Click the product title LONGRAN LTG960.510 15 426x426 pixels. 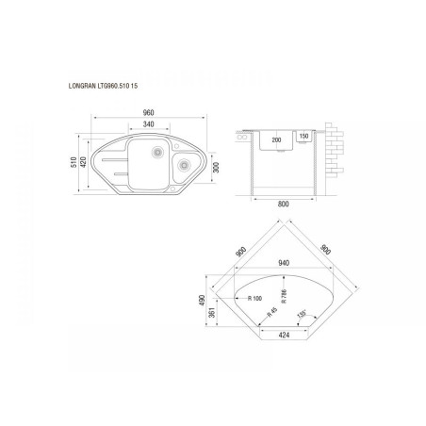tap(103, 86)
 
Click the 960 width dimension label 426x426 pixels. tap(148, 112)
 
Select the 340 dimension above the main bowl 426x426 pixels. tap(148, 124)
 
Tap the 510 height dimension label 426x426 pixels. tap(74, 162)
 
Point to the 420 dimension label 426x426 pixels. tap(83, 162)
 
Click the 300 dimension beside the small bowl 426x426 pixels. tap(216, 168)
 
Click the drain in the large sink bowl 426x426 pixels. tap(157, 152)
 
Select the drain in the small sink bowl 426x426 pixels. tap(184, 165)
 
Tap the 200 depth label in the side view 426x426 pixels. tap(276, 140)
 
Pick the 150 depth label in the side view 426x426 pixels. tap(303, 137)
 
